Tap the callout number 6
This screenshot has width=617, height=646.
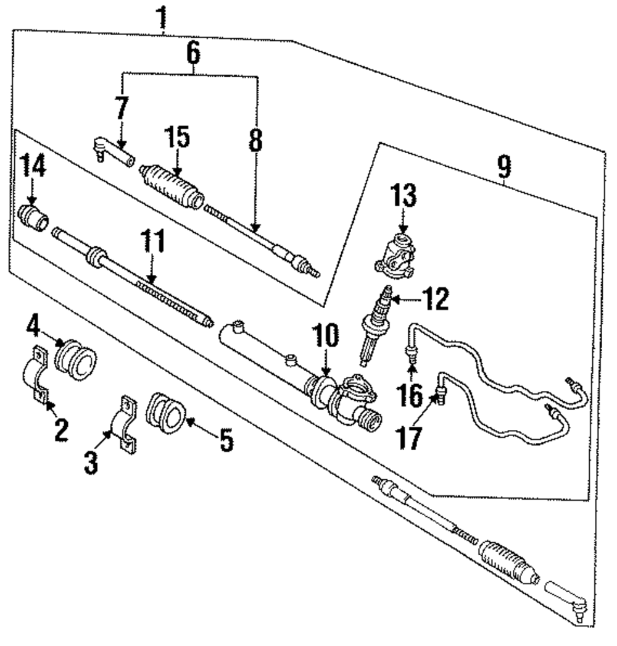click(193, 53)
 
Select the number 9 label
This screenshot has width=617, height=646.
click(504, 165)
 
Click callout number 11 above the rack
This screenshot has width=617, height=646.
click(154, 243)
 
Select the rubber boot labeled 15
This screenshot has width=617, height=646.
click(172, 184)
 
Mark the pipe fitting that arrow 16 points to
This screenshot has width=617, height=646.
click(408, 354)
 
